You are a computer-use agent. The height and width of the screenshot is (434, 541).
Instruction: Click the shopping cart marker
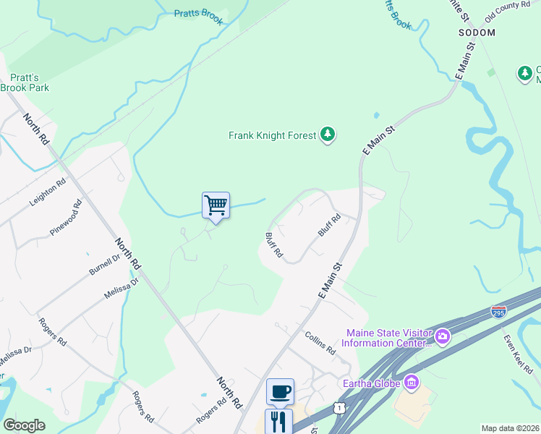click(216, 205)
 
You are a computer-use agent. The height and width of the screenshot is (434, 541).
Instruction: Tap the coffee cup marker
click(280, 391)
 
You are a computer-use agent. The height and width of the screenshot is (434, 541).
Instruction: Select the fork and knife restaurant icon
click(278, 421)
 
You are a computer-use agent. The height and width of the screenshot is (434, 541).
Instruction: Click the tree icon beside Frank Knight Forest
click(328, 135)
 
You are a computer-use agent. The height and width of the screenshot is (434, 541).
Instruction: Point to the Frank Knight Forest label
click(272, 135)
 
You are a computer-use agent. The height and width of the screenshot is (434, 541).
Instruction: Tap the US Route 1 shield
click(338, 409)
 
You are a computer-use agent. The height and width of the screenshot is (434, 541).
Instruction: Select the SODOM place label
click(477, 33)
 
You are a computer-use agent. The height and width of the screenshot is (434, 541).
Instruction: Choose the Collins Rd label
click(320, 343)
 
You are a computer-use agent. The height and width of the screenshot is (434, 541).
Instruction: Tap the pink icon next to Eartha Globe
click(412, 381)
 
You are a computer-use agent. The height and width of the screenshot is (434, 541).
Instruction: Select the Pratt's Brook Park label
click(25, 82)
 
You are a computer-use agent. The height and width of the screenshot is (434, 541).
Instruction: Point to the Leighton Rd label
click(48, 194)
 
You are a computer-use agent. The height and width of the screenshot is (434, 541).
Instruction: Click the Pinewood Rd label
click(67, 218)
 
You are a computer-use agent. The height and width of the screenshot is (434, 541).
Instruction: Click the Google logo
click(24, 425)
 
